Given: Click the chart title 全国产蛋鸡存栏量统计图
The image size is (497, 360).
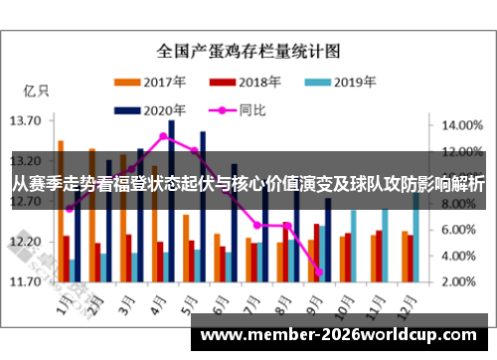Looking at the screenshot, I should (248, 49).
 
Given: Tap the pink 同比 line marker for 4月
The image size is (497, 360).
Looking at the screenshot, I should (164, 136).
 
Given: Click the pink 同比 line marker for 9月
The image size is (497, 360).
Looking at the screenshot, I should (319, 271).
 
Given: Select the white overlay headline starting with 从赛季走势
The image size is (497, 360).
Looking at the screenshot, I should (248, 183).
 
